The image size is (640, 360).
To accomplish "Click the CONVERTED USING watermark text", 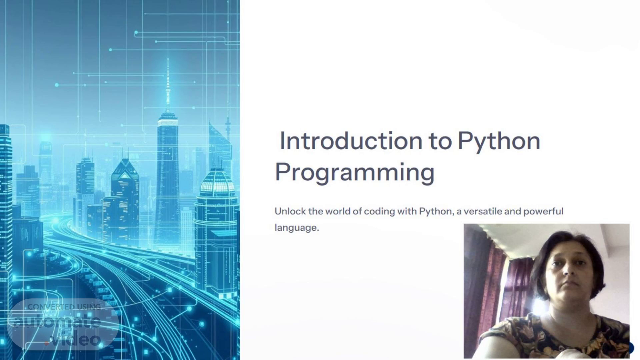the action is [64, 307].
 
